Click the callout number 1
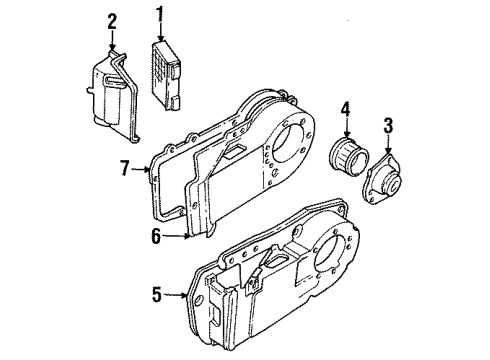158,16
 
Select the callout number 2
112,20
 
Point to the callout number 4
346,109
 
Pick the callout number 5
156,295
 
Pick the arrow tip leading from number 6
191,237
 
